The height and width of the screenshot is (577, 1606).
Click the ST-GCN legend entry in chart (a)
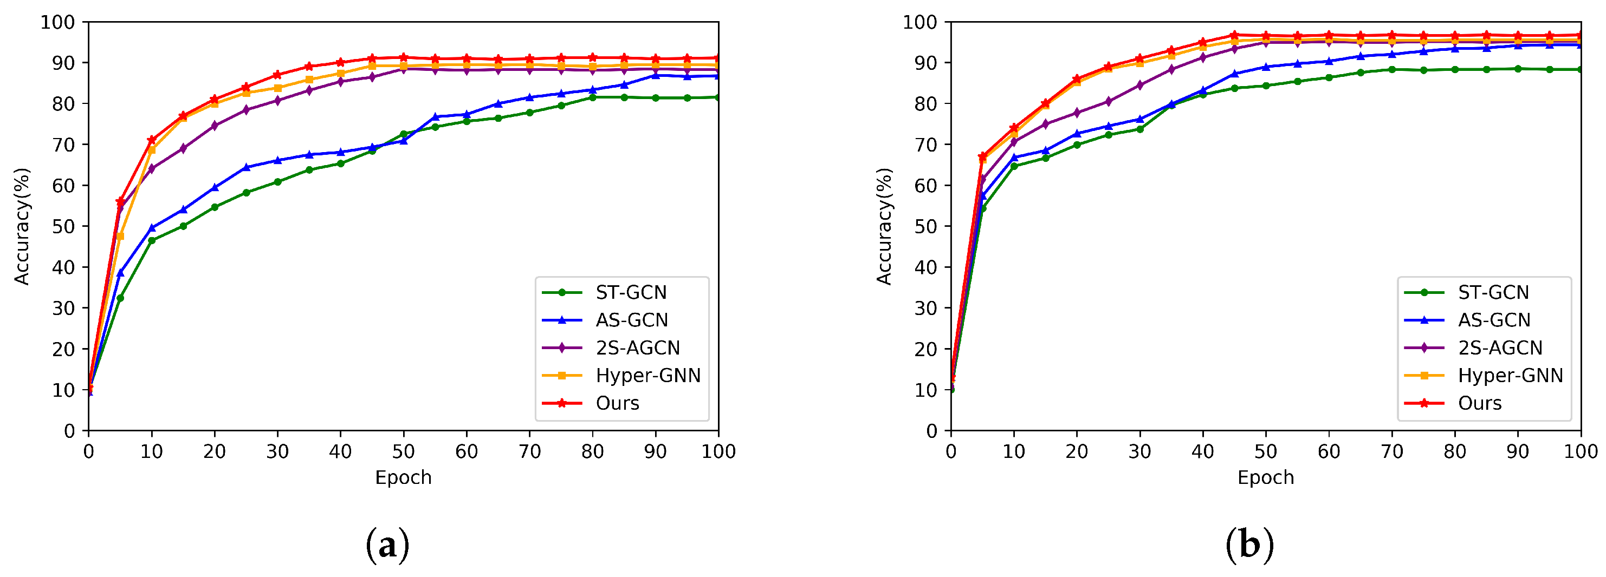coord(631,292)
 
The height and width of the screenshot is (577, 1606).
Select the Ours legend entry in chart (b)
coord(1479,403)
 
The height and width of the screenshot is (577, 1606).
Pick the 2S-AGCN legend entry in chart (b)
coord(1500,347)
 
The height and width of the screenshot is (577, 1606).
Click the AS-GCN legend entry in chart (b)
coord(1494,320)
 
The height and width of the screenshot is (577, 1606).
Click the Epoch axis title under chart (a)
coord(403,477)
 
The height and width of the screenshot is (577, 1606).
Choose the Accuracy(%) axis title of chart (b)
coord(884,226)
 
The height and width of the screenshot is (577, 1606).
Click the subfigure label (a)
coord(387,545)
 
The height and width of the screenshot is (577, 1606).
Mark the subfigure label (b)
coord(1249,545)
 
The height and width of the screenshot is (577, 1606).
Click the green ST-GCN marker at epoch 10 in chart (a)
coord(152,240)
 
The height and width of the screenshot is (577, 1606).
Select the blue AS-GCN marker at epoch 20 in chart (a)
coord(215,187)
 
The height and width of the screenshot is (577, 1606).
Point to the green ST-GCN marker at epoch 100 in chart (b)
coord(1581,69)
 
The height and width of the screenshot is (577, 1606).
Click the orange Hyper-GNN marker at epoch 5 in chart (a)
coord(120,236)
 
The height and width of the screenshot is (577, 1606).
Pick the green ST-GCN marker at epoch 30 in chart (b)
coord(1139,129)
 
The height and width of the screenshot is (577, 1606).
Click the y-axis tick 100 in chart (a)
coord(57,22)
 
